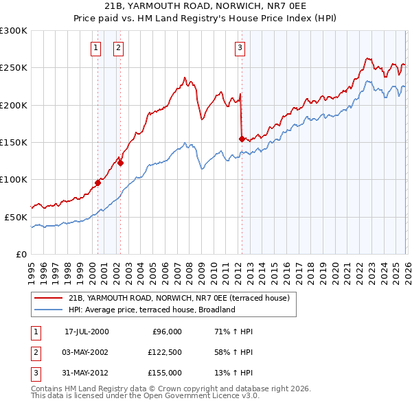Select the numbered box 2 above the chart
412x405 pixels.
tap(118, 47)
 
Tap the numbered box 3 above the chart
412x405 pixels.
tap(240, 47)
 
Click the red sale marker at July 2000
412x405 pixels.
tap(98, 183)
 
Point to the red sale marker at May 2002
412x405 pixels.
tap(120, 163)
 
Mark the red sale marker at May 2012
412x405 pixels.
tap(242, 139)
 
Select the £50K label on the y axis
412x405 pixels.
tap(16, 217)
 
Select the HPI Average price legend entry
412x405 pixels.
tap(152, 310)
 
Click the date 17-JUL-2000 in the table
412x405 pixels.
tap(87, 332)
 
